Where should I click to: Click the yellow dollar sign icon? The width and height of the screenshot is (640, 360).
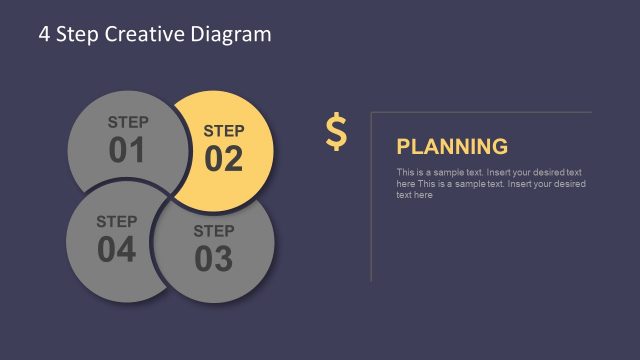pos(336,132)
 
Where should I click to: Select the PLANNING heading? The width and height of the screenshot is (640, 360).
pos(452,147)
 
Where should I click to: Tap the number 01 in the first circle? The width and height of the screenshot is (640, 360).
pos(127,151)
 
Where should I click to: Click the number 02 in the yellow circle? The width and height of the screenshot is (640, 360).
pos(224,159)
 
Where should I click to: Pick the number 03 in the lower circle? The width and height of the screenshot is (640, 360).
pos(213,259)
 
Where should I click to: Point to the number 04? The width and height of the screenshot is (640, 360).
pos(117,250)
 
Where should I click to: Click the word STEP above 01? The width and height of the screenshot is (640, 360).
pos(128,122)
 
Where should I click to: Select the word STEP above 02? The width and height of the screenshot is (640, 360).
pos(224,130)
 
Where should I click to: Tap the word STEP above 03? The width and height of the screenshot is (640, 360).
pos(213,231)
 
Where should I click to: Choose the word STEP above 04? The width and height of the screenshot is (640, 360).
pos(117,221)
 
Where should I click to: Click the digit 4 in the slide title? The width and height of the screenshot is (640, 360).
pos(44,34)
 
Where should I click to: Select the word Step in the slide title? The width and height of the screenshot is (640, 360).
pos(76,34)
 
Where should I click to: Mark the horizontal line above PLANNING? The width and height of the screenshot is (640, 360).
pos(480,111)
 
